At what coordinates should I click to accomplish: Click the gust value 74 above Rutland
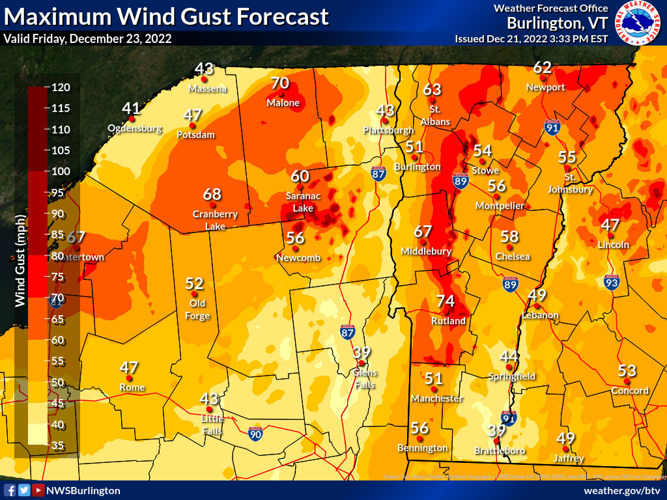[445, 301]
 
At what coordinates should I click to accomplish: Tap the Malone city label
[283, 103]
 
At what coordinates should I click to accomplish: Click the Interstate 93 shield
[610, 282]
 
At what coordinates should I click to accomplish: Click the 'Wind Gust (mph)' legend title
[20, 260]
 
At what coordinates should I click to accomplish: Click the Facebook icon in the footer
[10, 490]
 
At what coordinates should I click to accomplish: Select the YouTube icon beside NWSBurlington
[38, 490]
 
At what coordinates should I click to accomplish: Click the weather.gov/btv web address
[622, 490]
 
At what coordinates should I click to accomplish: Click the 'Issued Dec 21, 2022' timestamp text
[531, 38]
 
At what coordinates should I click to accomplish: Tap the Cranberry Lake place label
[215, 220]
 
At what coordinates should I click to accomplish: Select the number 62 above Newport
[542, 67]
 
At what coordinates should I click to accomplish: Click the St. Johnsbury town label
[570, 184]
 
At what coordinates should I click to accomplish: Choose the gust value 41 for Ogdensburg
[131, 108]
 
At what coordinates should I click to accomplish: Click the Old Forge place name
[199, 310]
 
